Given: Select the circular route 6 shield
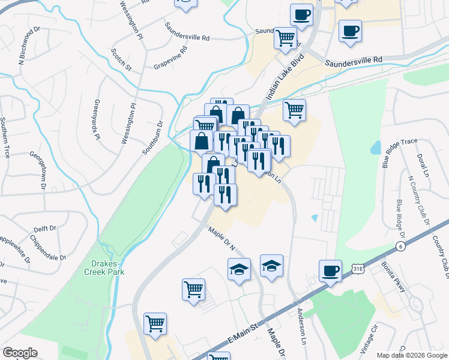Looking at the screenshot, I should coord(400,247).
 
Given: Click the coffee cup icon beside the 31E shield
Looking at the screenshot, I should coord(330,272).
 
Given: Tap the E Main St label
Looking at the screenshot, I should coord(242,335).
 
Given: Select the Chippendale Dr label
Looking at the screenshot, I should coord(47,254).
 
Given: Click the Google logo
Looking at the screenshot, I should coord(20,353).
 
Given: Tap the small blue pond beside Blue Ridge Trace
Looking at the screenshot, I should coord(376,147).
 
